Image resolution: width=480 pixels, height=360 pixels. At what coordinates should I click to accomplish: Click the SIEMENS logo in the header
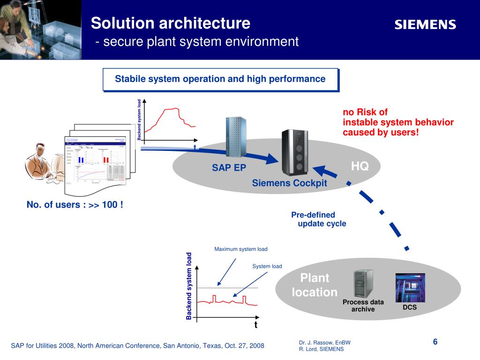(x=425, y=25)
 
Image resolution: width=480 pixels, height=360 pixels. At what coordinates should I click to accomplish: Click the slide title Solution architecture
(x=171, y=23)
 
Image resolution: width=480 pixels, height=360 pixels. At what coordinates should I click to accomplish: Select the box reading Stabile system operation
(x=220, y=79)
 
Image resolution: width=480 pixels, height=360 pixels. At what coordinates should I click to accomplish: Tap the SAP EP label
(x=229, y=168)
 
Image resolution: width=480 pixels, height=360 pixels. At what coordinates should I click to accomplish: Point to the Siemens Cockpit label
(x=289, y=183)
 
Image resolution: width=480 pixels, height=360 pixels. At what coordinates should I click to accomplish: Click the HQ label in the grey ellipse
(x=360, y=166)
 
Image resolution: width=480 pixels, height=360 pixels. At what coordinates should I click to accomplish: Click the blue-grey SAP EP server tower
(x=236, y=137)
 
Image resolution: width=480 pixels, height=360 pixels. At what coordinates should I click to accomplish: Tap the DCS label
(x=410, y=307)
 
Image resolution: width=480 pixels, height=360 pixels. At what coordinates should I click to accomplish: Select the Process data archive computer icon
(x=363, y=284)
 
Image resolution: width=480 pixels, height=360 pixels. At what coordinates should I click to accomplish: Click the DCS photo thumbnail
(x=410, y=287)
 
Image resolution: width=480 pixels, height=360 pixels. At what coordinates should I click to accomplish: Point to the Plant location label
(x=315, y=285)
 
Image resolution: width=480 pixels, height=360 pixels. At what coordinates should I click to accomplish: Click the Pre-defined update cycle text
(x=319, y=219)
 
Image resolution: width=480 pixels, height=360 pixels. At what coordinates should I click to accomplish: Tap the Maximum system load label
(x=241, y=249)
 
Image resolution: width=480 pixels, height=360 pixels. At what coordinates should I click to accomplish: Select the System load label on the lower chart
(x=267, y=266)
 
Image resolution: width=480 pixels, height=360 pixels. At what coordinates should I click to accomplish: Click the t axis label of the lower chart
(x=256, y=325)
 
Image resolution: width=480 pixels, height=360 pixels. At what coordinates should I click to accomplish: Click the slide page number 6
(x=435, y=342)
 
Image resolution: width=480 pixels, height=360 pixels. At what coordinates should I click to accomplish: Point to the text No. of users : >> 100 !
(x=75, y=204)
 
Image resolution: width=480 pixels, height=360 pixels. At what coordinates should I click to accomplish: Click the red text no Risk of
(x=365, y=112)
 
